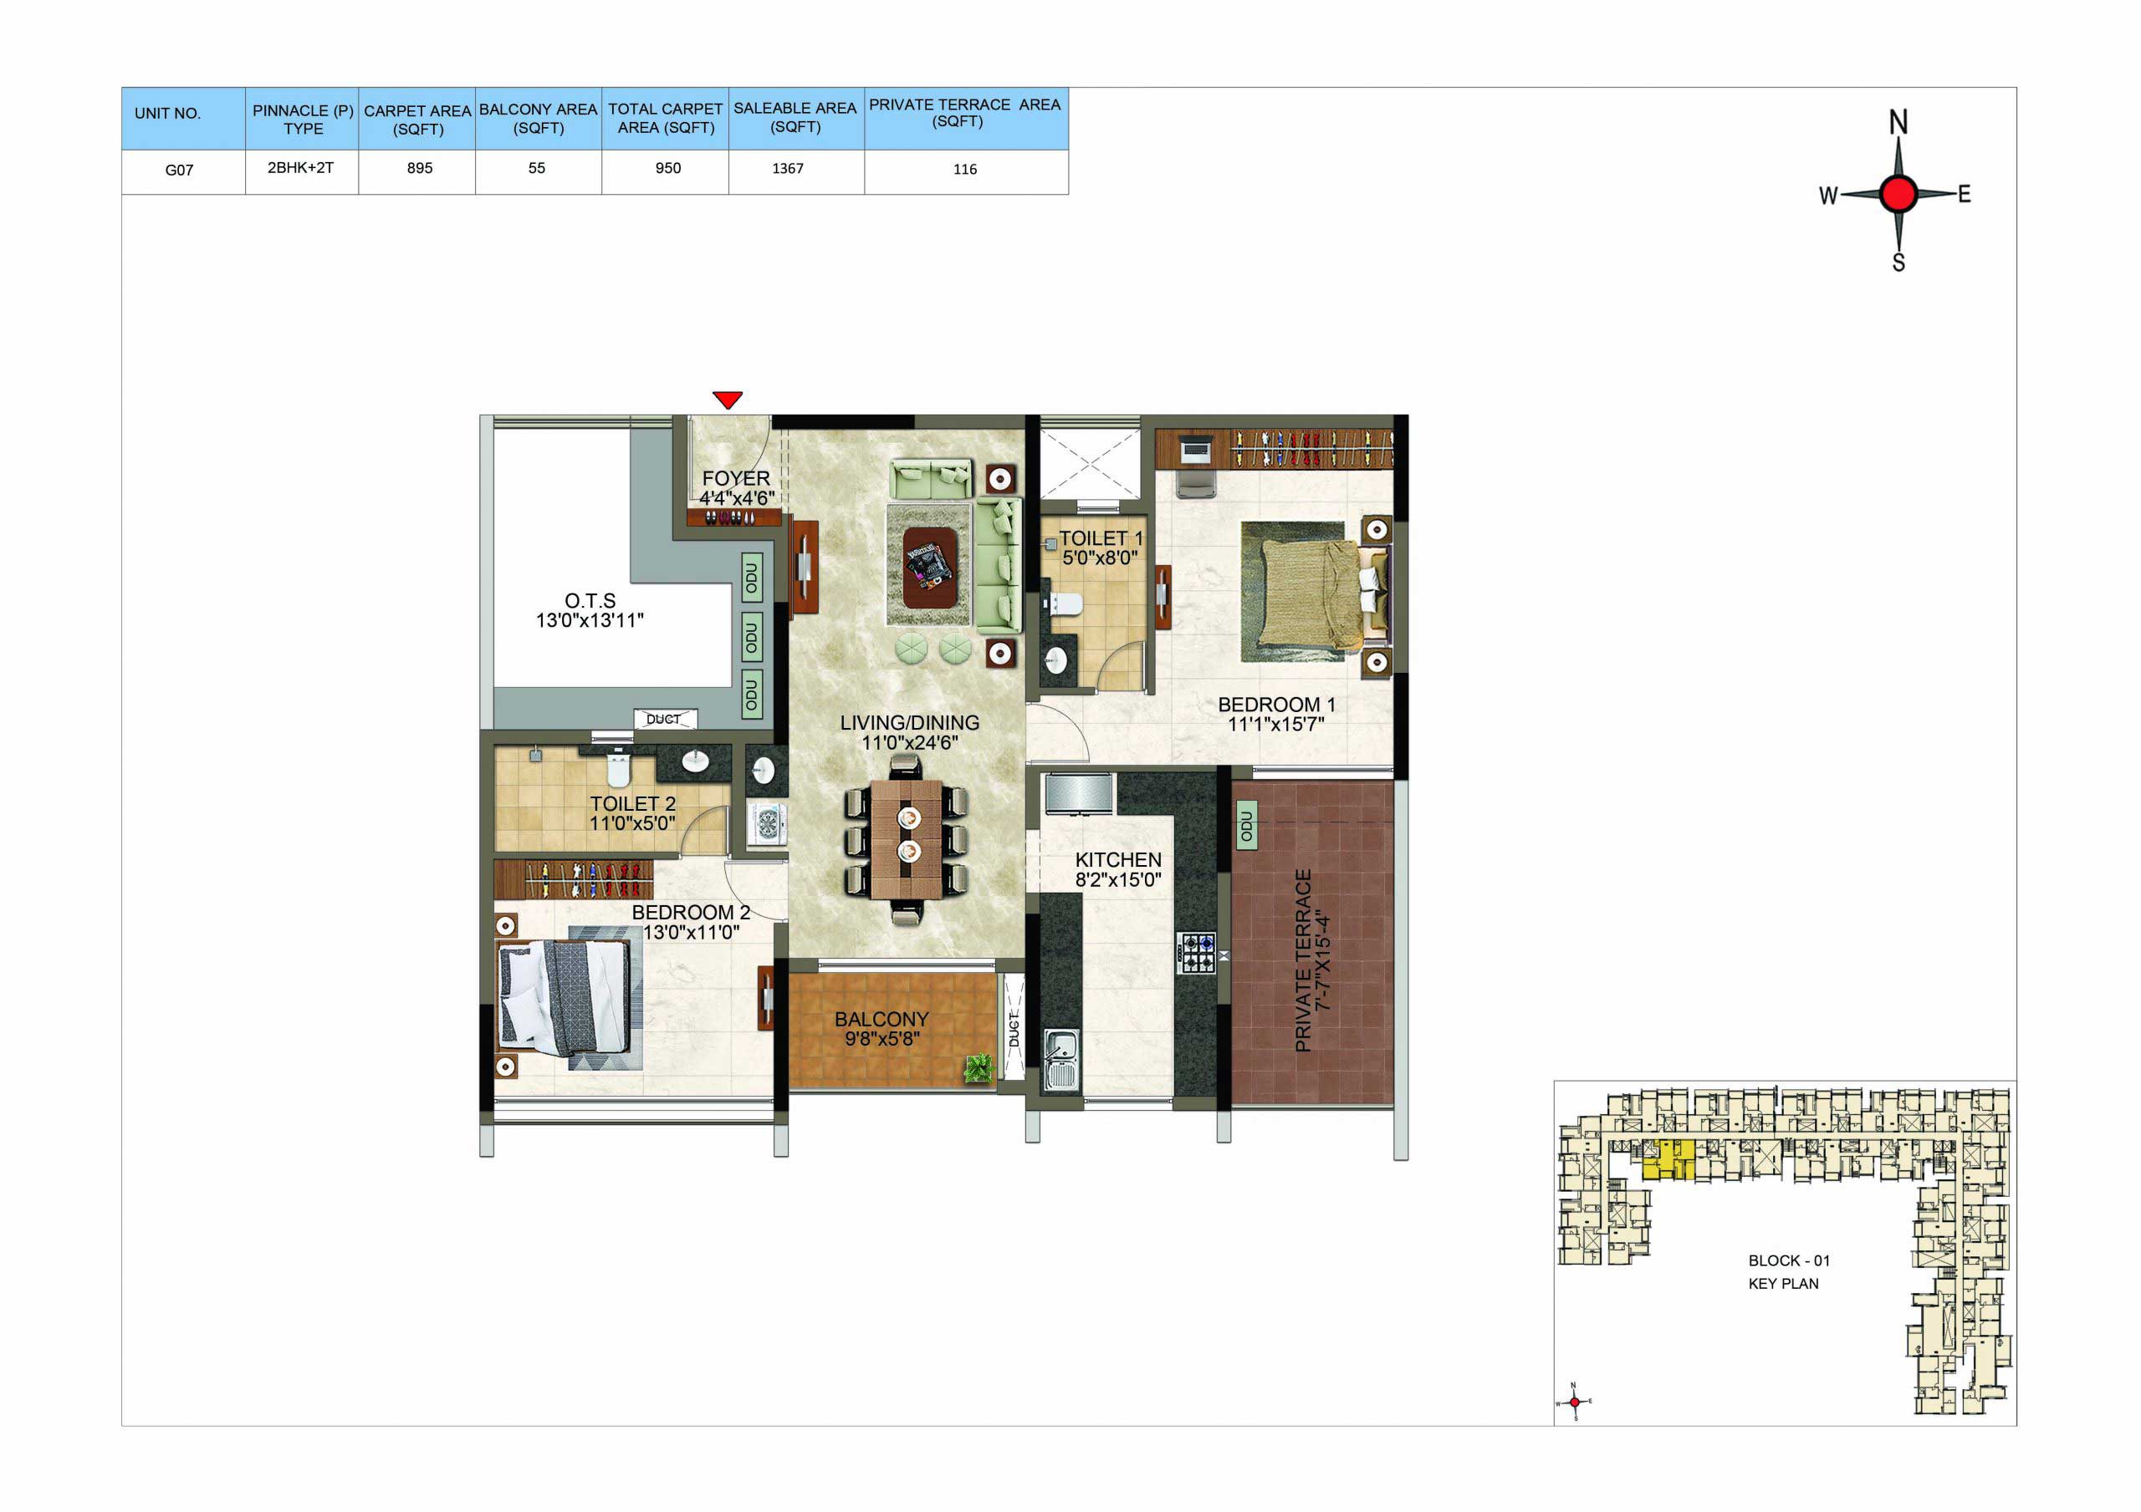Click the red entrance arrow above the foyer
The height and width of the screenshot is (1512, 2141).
tap(728, 399)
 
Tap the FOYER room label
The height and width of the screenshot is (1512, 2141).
tap(736, 478)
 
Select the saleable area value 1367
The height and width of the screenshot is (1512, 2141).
tap(788, 169)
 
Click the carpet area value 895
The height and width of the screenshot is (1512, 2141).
tap(420, 168)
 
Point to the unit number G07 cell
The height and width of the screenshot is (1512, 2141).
tap(179, 170)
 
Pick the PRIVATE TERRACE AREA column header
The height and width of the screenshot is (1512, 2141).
tap(964, 113)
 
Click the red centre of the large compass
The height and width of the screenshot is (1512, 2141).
tap(1898, 194)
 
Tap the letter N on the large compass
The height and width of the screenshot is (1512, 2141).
tap(1898, 122)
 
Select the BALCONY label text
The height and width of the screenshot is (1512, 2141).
tap(881, 1019)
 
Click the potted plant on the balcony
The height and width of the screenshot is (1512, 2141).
tap(979, 1067)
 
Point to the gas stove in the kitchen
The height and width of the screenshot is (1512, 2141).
tap(1197, 953)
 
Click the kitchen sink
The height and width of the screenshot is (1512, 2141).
tap(1060, 1060)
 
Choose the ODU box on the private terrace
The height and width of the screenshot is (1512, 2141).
tap(1246, 826)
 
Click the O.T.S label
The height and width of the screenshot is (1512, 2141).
tap(590, 600)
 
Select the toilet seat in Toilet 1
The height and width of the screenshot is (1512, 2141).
tap(1065, 604)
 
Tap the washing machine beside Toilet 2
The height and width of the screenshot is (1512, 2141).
tap(767, 823)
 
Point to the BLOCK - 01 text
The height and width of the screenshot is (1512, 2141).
tap(1789, 1260)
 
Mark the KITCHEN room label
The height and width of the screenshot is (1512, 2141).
tap(1118, 859)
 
